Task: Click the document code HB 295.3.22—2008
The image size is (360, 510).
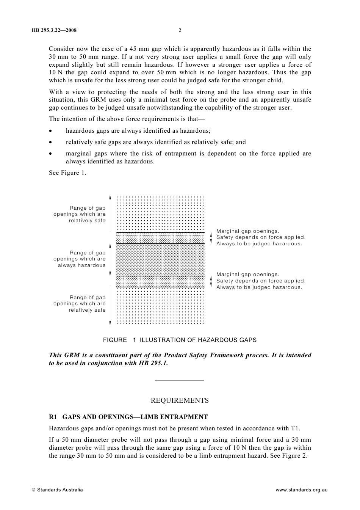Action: (54, 30)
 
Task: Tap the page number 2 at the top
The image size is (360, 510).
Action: (180, 30)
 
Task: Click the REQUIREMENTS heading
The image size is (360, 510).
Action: (180, 400)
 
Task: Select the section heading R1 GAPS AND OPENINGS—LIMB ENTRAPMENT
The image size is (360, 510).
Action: (128, 417)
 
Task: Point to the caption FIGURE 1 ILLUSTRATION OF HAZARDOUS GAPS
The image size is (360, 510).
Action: (180, 340)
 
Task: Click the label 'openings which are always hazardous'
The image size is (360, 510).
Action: (80, 259)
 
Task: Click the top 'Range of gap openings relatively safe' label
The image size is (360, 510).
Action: (80, 214)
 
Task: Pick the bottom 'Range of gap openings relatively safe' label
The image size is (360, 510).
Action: (80, 304)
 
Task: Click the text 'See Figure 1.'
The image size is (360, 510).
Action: (67, 173)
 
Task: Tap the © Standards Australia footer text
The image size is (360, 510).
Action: (57, 490)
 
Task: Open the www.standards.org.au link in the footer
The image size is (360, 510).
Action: (301, 490)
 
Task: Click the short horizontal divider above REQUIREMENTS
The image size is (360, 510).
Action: (180, 380)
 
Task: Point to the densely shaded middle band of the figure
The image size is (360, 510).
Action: (160, 260)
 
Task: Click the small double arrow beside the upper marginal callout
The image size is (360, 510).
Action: (211, 237)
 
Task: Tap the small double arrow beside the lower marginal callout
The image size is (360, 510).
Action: (211, 281)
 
